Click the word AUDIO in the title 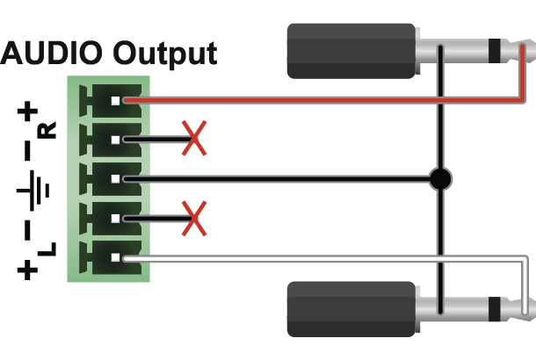[x=51, y=53]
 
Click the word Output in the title [x=165, y=54]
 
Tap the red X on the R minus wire [x=194, y=138]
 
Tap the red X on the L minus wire [x=194, y=219]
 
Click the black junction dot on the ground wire [x=440, y=178]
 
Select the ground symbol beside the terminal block [x=33, y=191]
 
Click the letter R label [x=47, y=130]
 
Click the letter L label [x=47, y=249]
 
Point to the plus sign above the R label [x=27, y=111]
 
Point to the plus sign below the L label [x=27, y=270]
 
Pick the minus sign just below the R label [x=27, y=151]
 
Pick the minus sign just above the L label [x=27, y=230]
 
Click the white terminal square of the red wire [x=115, y=101]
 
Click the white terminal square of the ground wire [x=115, y=179]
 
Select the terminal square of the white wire [x=115, y=258]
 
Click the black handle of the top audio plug [x=351, y=51]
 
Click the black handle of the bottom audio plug [x=351, y=309]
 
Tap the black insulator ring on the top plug [x=495, y=51]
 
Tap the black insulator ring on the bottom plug [x=495, y=309]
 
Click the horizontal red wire [x=323, y=100]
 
